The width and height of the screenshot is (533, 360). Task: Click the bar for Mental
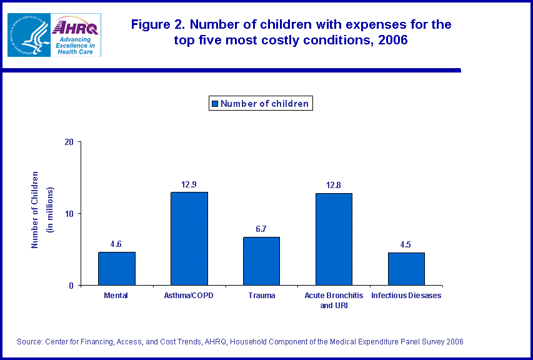click(117, 268)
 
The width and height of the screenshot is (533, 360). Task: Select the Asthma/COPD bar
click(189, 238)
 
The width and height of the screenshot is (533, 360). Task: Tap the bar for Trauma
click(261, 261)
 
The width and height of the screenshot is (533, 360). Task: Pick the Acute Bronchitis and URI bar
click(334, 239)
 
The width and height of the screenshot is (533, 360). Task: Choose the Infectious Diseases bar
click(406, 269)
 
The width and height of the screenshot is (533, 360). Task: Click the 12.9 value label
click(189, 185)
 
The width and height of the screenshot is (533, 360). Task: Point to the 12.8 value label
click(334, 186)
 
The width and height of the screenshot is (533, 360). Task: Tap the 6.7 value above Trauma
click(261, 229)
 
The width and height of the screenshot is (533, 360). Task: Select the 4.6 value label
click(117, 244)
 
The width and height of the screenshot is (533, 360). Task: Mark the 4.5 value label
click(406, 245)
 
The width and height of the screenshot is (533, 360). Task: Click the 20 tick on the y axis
click(69, 142)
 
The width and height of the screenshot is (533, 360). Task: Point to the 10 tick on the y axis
click(69, 214)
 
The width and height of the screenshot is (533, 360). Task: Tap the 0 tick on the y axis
click(71, 286)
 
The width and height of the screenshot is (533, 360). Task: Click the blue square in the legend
click(215, 104)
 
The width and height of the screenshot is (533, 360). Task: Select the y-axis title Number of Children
click(36, 209)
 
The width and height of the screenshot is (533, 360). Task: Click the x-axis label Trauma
click(261, 296)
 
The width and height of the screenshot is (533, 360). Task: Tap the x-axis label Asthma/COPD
click(189, 296)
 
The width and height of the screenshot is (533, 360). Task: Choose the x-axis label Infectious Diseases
click(406, 296)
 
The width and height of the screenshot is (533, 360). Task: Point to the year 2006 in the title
click(394, 40)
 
